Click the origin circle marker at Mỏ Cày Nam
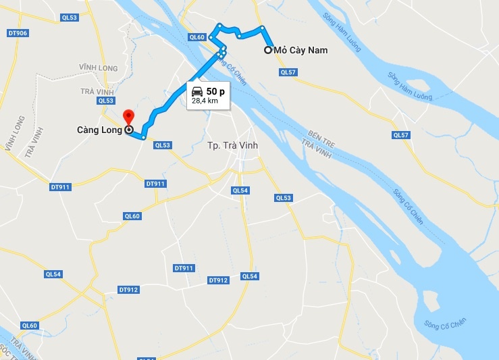(268, 49)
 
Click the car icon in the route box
(196, 91)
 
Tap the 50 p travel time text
(216, 91)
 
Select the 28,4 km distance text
(205, 101)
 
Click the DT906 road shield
(18, 33)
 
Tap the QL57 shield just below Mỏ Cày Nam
(288, 72)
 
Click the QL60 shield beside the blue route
(196, 38)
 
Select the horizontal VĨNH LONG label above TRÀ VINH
(98, 68)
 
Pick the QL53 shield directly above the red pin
(106, 101)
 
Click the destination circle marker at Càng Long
(128, 130)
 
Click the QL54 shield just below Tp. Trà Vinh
(240, 191)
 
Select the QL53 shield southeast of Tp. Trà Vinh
(284, 198)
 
